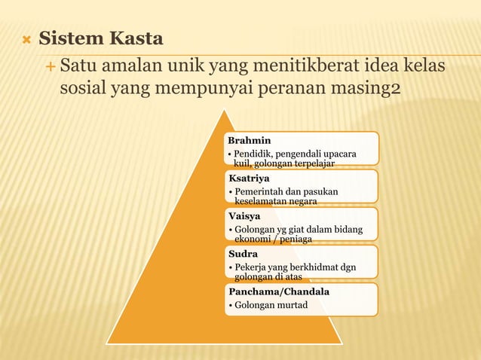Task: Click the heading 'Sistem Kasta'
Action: [x=101, y=38]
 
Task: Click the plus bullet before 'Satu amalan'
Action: [x=50, y=68]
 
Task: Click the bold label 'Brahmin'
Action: [x=250, y=140]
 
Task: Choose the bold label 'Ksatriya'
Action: [x=250, y=178]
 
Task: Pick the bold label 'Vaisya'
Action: [x=245, y=216]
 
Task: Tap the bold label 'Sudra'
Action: [x=244, y=254]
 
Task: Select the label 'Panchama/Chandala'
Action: [x=278, y=291]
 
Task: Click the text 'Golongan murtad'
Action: [x=271, y=304]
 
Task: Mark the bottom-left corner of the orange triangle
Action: [x=108, y=343]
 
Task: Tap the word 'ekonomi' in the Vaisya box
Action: [x=253, y=239]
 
